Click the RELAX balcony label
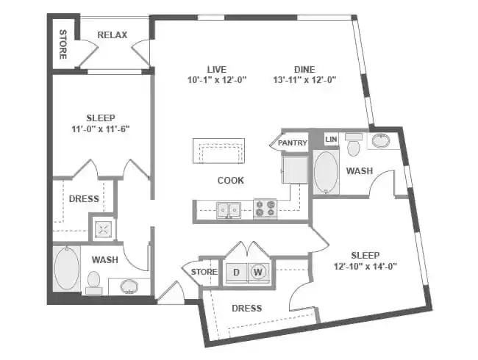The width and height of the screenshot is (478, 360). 113,35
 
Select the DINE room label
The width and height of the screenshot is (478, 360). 304,68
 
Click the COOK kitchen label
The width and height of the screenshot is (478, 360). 230,180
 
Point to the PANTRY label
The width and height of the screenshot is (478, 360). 292,143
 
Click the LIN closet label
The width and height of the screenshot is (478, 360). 331,138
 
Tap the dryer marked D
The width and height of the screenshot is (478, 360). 236,272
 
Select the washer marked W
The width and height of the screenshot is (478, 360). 258,272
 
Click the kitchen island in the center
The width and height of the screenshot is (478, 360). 218,152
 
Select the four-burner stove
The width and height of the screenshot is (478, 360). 265,209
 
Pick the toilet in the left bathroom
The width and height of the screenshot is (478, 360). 93,281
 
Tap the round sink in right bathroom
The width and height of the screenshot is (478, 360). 381,141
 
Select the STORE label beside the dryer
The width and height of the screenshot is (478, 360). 204,272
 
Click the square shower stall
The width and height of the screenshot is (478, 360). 102,228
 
